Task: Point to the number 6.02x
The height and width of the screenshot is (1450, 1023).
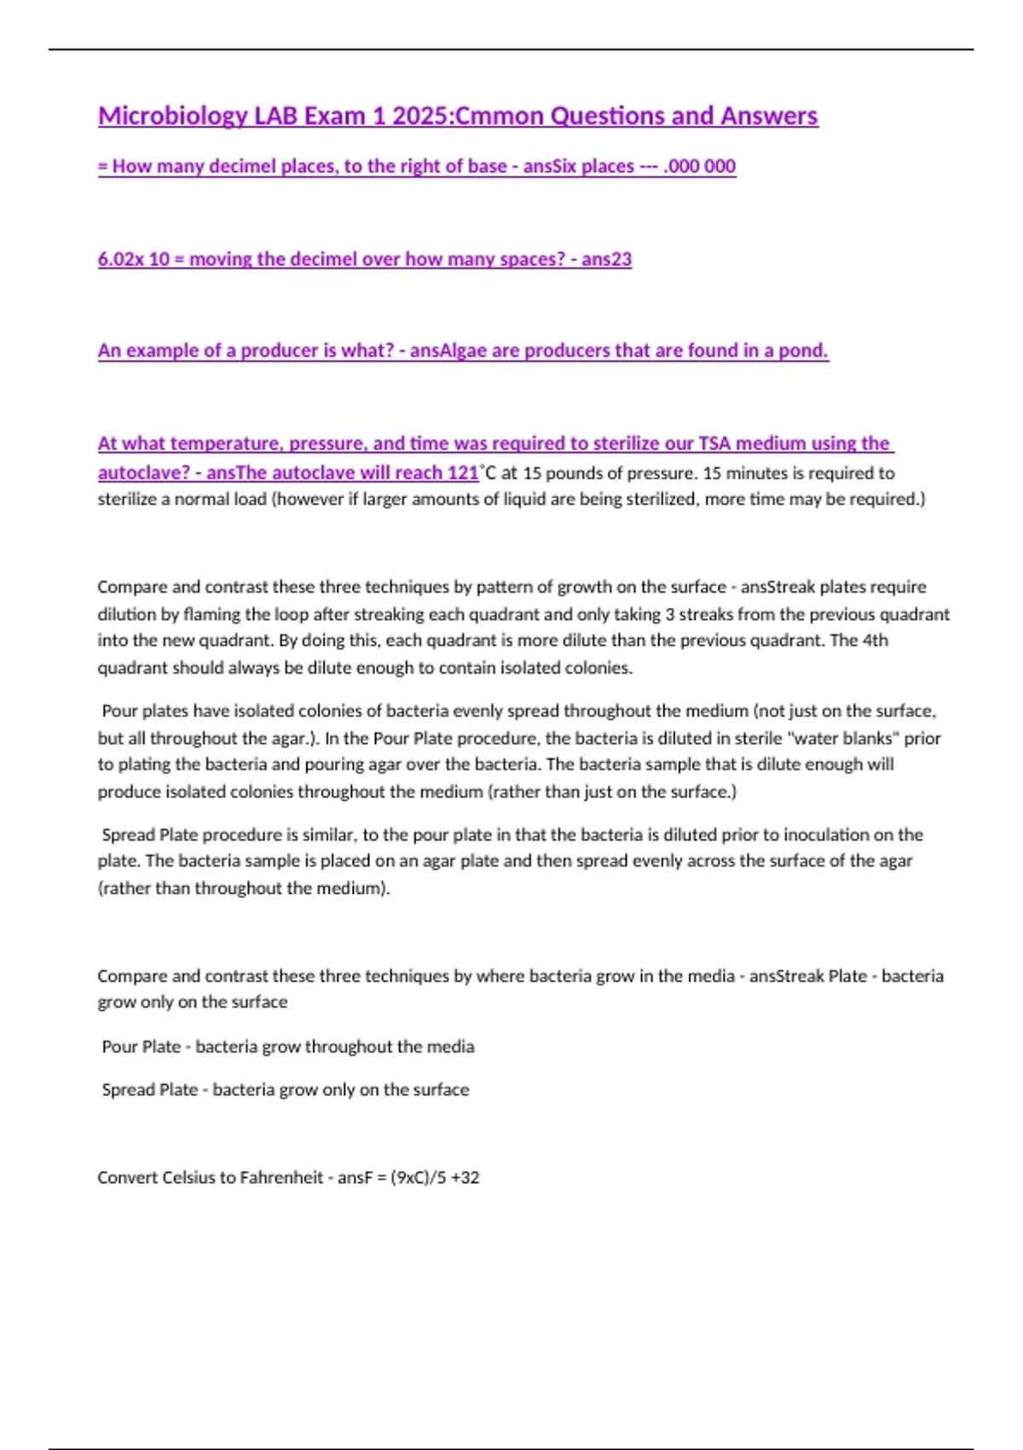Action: click(x=120, y=259)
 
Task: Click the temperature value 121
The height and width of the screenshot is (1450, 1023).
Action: click(x=463, y=473)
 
